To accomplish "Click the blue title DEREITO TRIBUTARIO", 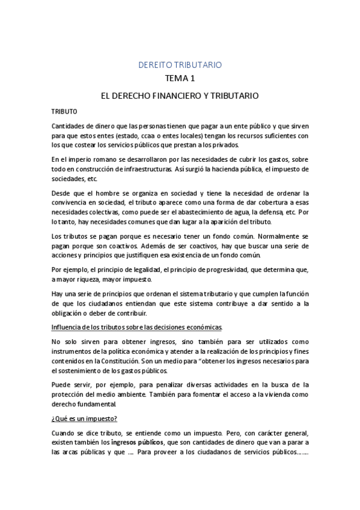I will pyautogui.click(x=180, y=64).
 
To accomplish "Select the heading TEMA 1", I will pyautogui.click(x=180, y=78).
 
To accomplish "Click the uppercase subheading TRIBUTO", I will pyautogui.click(x=64, y=112).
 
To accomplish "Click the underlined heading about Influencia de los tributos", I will pyautogui.click(x=137, y=327).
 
